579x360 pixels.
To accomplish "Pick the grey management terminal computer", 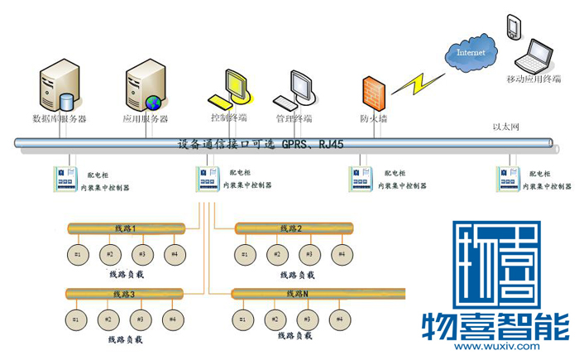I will pyautogui.click(x=296, y=89).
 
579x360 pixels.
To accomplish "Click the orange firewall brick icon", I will pyautogui.click(x=374, y=93).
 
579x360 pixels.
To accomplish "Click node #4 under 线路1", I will pyautogui.click(x=173, y=253).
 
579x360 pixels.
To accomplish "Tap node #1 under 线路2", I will pyautogui.click(x=244, y=253).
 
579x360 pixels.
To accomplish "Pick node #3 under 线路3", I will pyautogui.click(x=140, y=319).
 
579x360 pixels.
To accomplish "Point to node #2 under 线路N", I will pyautogui.click(x=275, y=319).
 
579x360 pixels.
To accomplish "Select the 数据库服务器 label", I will pyautogui.click(x=59, y=118).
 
